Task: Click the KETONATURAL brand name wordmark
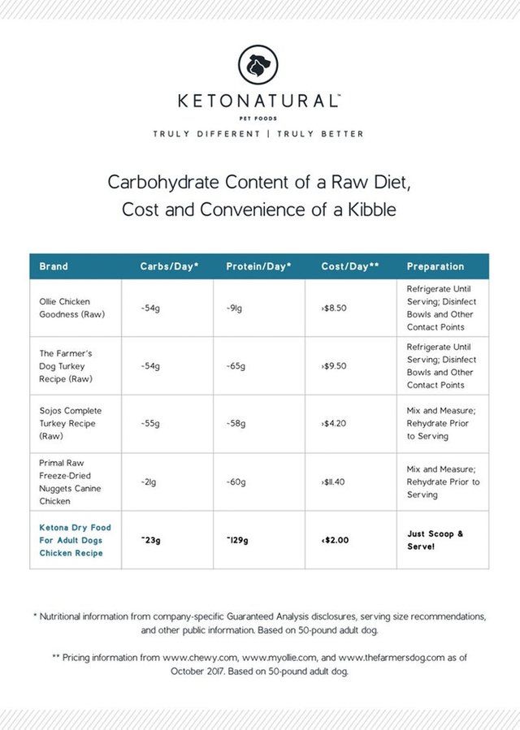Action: [x=259, y=102]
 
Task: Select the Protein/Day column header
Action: [x=258, y=266]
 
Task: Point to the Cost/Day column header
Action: [x=349, y=266]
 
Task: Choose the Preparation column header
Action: [x=435, y=266]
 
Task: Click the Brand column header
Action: [x=54, y=266]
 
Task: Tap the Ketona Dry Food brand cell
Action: [x=75, y=540]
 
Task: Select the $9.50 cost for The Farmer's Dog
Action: [x=332, y=366]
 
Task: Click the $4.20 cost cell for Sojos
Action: [x=332, y=424]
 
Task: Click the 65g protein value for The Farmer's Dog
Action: [x=237, y=366]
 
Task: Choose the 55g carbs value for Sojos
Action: [x=149, y=424]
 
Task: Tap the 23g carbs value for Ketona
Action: [x=149, y=540]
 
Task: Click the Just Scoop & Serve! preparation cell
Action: [x=435, y=540]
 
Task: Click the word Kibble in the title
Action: [x=370, y=209]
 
